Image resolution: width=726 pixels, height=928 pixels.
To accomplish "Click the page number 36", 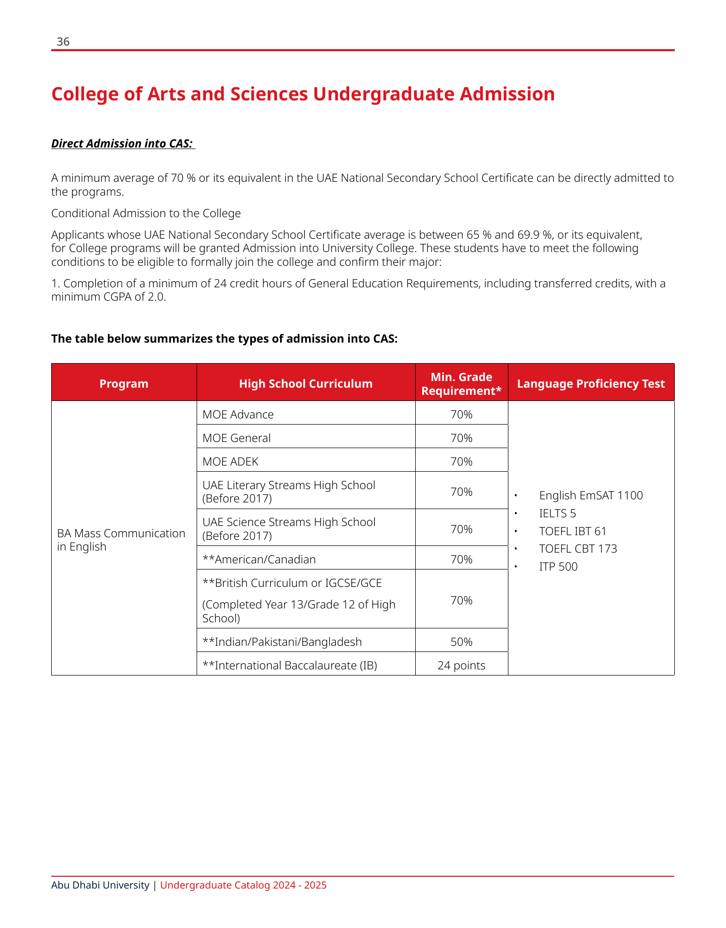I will pos(63,42).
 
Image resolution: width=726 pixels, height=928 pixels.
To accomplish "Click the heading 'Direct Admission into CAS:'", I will pos(122,143).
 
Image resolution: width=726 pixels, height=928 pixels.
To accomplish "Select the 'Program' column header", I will pos(124,384).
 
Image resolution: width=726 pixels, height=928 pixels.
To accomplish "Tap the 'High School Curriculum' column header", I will pos(306,384).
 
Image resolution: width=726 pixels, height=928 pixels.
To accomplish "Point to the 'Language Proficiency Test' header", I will pos(591,384).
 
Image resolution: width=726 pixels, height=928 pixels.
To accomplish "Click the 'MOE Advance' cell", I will pos(238,414).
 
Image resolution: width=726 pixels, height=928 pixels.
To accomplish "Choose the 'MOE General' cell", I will pos(237,438).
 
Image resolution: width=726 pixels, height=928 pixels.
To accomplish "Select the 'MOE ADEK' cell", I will pos(230,461).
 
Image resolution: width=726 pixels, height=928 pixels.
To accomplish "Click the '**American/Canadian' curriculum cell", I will pos(259,559).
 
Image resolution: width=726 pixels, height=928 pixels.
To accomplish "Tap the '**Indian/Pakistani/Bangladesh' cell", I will pos(282,642).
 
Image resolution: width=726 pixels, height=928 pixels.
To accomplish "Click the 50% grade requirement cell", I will pos(461,642).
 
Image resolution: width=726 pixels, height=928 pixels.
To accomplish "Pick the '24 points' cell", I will pos(461,665).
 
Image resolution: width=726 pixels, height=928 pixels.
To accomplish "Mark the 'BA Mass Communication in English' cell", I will pos(121,540).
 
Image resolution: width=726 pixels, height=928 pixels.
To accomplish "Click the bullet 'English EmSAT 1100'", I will pos(591,495).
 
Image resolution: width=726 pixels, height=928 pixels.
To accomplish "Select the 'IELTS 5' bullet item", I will pos(558,513).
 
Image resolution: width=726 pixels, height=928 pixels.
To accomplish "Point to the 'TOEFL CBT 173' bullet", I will pos(578,549).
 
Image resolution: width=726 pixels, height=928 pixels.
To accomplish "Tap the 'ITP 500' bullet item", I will pos(558,566).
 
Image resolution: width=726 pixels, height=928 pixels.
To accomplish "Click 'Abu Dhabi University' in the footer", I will pos(100,885).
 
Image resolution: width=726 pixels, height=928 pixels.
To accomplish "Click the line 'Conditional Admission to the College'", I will pos(146,213).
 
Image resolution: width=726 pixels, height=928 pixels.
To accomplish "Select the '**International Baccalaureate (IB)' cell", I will pos(290,665).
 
